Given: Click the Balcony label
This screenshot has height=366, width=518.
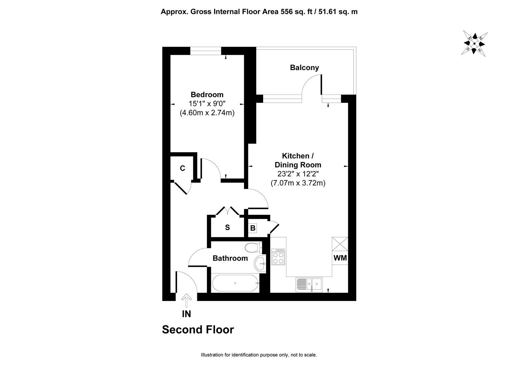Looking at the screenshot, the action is pyautogui.click(x=304, y=67).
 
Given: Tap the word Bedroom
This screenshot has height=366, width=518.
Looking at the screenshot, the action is pyautogui.click(x=207, y=95).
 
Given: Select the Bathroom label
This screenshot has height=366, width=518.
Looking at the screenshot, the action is pyautogui.click(x=230, y=258).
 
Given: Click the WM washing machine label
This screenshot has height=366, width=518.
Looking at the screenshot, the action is pyautogui.click(x=340, y=258).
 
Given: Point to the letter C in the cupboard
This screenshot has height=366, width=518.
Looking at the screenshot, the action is pyautogui.click(x=182, y=168).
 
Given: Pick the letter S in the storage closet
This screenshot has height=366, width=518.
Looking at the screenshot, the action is pyautogui.click(x=227, y=227).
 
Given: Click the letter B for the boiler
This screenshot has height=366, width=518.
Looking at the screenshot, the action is pyautogui.click(x=253, y=228).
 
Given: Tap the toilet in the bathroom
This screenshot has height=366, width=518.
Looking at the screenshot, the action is pyautogui.click(x=254, y=248).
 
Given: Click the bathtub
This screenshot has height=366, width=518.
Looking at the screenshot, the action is pyautogui.click(x=235, y=283).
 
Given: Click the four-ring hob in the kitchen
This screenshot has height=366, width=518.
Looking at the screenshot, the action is pyautogui.click(x=278, y=257).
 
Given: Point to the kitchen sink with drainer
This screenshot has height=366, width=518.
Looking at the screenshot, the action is pyautogui.click(x=309, y=285).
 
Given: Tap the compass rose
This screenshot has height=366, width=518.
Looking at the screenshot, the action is pyautogui.click(x=474, y=44).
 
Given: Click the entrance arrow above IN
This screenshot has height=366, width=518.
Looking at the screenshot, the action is pyautogui.click(x=186, y=300).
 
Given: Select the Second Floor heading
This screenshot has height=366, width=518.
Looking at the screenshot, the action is pyautogui.click(x=198, y=329).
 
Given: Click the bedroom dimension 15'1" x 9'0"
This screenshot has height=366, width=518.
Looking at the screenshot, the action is pyautogui.click(x=207, y=104).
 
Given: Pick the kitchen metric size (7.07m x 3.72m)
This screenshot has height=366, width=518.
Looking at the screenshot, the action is pyautogui.click(x=298, y=183).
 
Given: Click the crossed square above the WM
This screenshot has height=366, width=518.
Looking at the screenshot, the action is pyautogui.click(x=340, y=244).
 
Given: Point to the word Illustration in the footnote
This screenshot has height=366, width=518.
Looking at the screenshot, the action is pyautogui.click(x=212, y=355).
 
